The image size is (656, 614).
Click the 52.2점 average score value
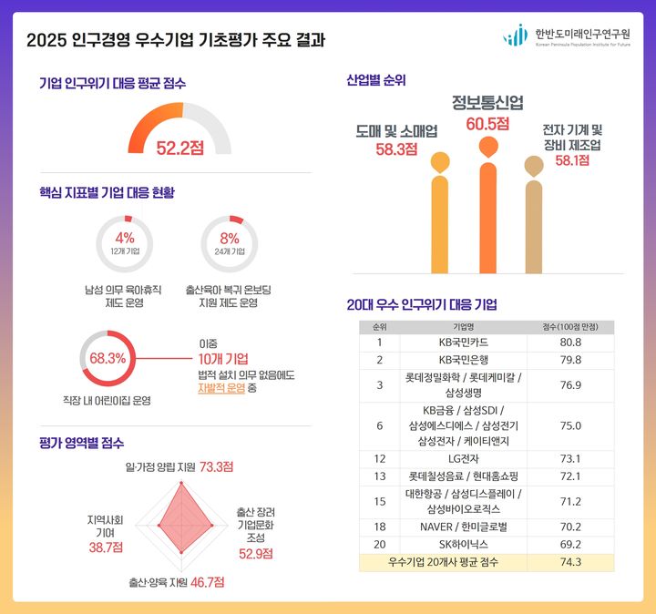179,147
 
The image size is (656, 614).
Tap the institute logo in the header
515,36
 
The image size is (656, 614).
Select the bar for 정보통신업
488,217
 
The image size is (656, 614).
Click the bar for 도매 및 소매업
441,223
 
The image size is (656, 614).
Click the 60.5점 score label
487,123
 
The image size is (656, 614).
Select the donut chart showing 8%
230,243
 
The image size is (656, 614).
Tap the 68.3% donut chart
108,358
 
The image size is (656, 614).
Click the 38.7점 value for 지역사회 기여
106,547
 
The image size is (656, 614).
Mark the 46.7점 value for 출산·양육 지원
208,581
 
